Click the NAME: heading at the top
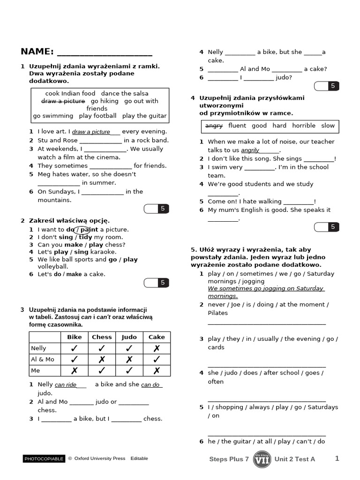click(37, 52)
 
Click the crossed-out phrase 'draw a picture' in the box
click(63, 101)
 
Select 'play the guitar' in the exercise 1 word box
click(144, 116)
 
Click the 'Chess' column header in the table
click(102, 337)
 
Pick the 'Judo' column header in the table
click(129, 337)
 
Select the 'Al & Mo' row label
click(43, 360)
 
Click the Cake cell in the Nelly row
click(157, 348)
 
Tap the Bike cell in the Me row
click(74, 371)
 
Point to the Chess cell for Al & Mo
click(102, 360)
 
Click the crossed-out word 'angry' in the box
click(214, 126)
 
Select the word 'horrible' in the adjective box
click(304, 126)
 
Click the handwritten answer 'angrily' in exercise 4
click(250, 150)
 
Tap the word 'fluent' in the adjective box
click(237, 126)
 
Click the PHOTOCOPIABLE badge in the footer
click(44, 459)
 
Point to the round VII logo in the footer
click(262, 459)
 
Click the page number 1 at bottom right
click(337, 458)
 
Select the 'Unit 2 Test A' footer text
click(295, 459)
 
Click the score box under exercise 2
click(156, 283)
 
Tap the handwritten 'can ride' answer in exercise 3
click(66, 385)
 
